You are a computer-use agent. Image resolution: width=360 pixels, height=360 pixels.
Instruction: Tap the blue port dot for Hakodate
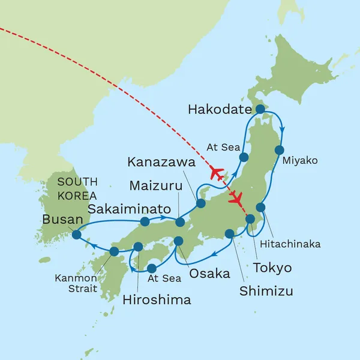tap(260, 109)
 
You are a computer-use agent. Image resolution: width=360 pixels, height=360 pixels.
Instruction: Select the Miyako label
tap(299, 161)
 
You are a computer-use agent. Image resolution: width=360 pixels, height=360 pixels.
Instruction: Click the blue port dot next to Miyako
tap(279, 150)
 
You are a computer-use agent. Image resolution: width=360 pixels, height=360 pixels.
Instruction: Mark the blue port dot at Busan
tap(76, 235)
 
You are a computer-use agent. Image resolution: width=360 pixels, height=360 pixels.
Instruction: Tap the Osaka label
tap(209, 274)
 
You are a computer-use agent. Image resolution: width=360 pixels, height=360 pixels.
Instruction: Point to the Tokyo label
tap(271, 268)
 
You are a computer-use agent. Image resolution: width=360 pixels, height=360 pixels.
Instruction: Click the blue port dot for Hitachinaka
tap(260, 207)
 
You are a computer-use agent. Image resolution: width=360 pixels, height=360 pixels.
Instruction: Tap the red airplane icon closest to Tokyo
tap(237, 197)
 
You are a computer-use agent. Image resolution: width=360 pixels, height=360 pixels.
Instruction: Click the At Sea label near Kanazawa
tap(223, 146)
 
